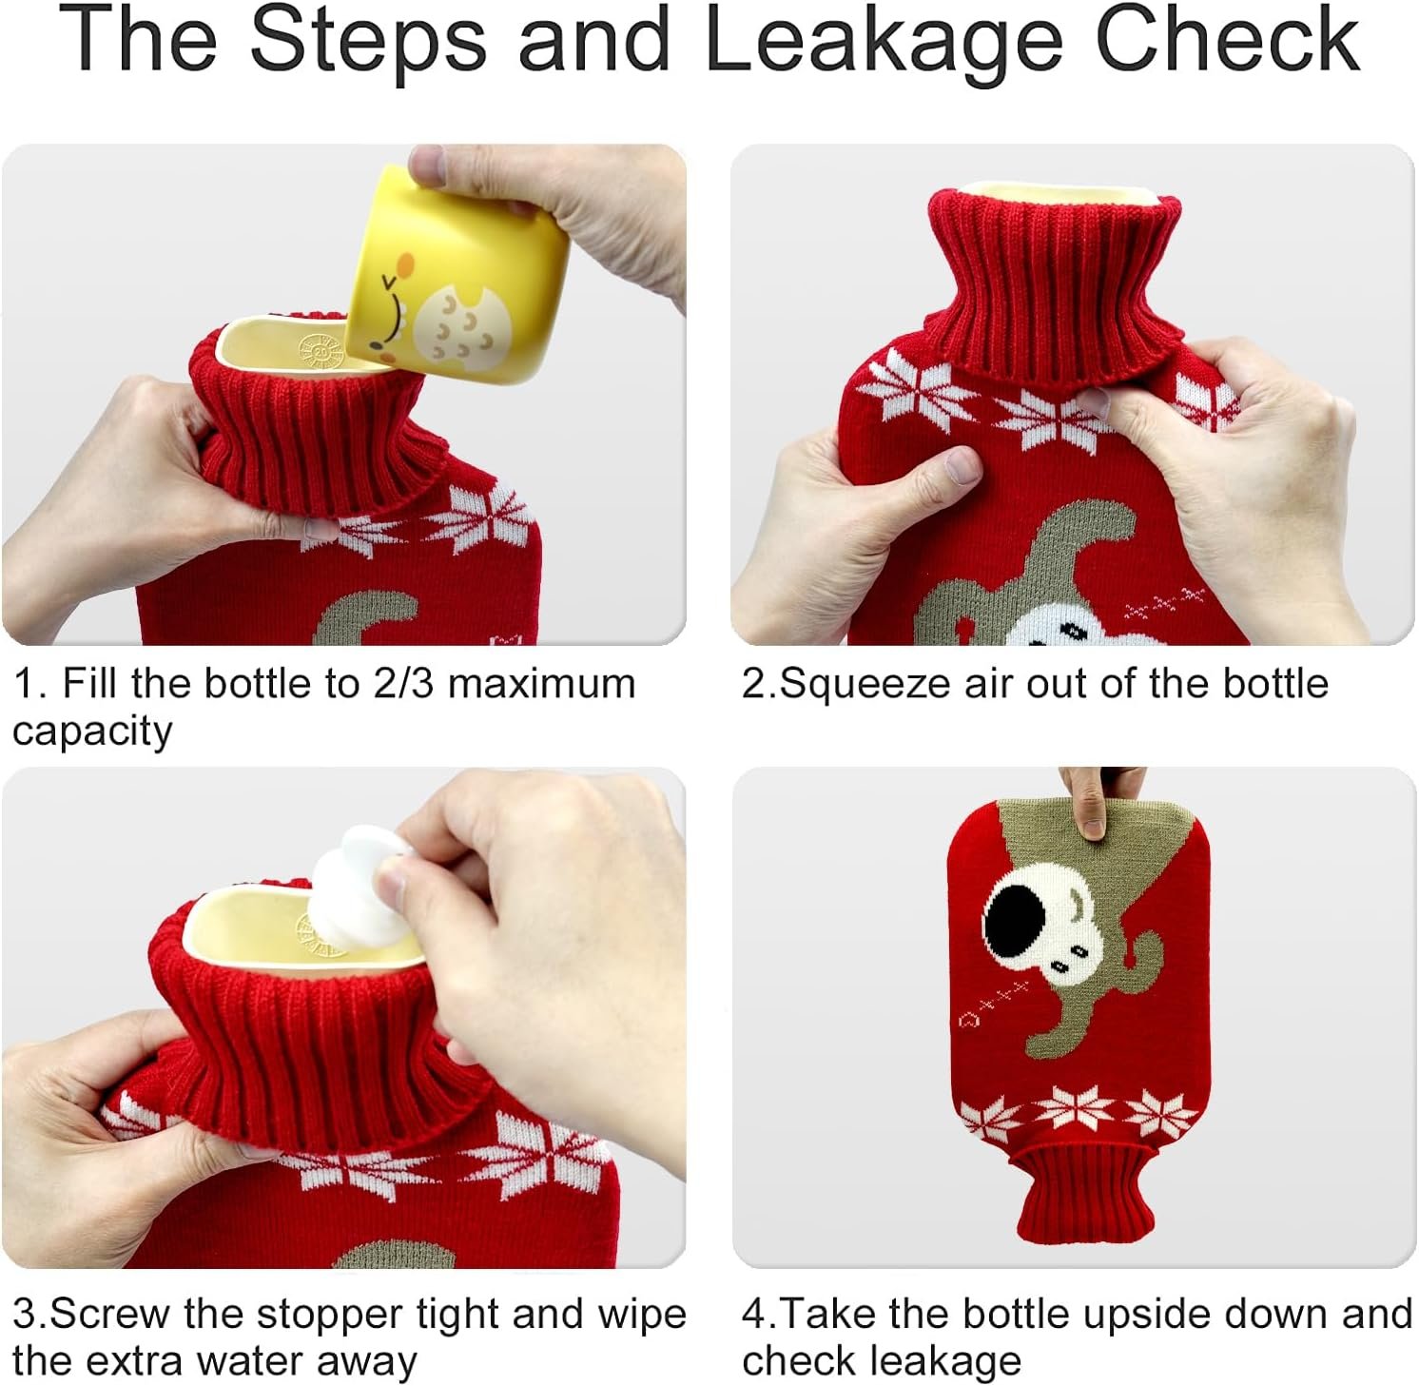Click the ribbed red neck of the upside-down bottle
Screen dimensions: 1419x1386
1085,1193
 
